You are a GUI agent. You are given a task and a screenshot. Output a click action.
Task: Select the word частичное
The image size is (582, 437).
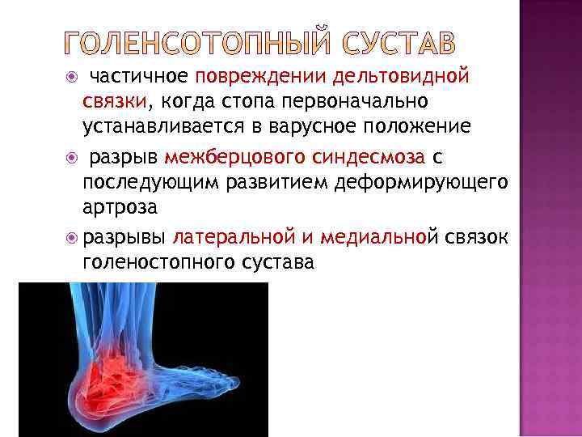[138, 77]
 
